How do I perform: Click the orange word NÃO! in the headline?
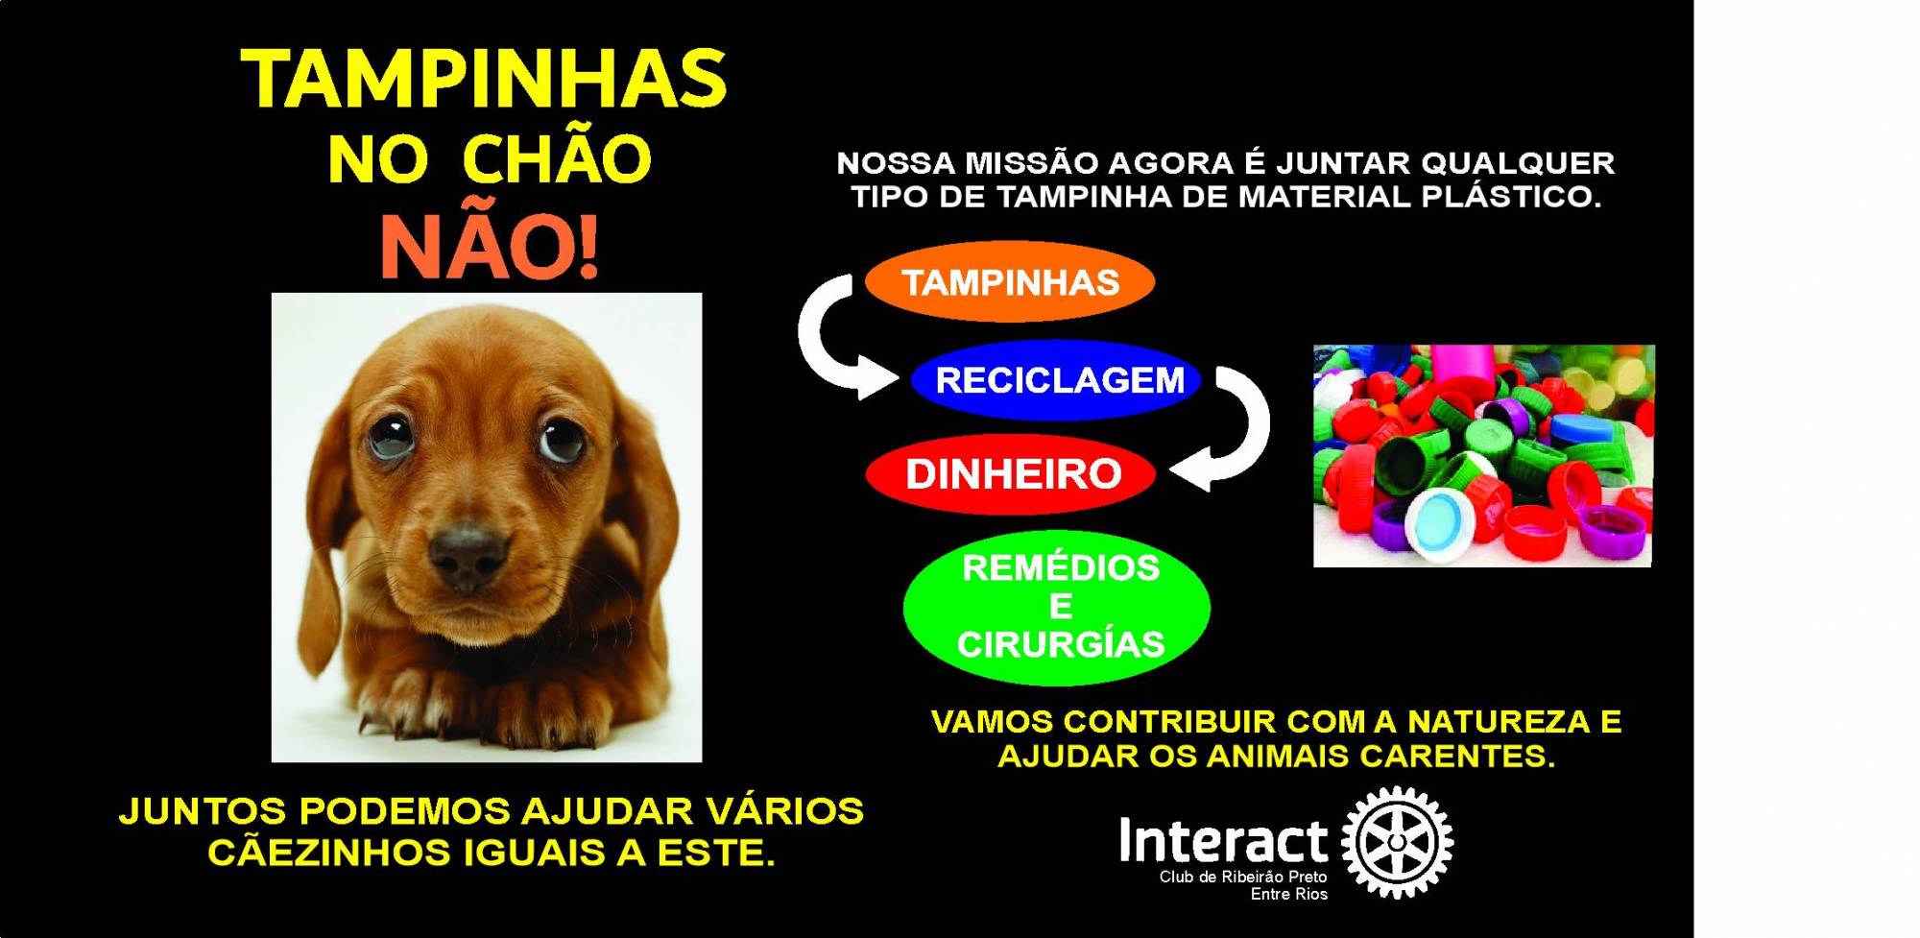[x=490, y=246]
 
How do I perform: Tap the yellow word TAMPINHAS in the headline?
[x=484, y=79]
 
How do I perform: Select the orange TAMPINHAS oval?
[x=1010, y=282]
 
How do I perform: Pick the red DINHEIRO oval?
[x=1011, y=473]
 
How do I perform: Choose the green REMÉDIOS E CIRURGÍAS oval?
[x=1057, y=607]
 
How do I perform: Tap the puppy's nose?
[x=468, y=555]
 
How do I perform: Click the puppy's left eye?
[x=390, y=434]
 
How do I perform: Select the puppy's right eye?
[x=561, y=438]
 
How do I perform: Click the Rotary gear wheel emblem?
[x=1397, y=842]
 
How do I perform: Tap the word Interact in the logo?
[x=1223, y=842]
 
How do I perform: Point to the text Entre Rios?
[x=1288, y=895]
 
